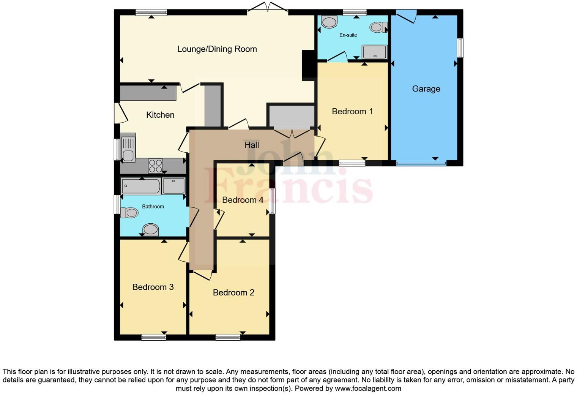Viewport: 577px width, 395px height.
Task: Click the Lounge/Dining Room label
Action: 217,49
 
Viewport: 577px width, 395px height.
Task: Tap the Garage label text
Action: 426,89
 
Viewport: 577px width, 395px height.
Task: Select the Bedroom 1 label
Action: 352,111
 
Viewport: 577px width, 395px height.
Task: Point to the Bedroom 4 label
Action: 243,200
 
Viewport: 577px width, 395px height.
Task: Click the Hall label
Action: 252,145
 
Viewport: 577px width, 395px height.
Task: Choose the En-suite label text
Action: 348,35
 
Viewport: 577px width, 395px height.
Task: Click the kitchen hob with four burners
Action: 156,166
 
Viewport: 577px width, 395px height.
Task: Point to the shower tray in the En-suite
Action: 374,52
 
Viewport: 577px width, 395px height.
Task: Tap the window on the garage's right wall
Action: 460,48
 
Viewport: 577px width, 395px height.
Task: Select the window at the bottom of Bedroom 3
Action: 154,337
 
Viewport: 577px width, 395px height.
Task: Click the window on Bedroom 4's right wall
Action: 272,201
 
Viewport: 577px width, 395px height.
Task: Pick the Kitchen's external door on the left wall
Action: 120,113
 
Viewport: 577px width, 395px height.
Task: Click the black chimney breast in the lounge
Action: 308,66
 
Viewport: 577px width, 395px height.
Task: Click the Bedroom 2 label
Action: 233,292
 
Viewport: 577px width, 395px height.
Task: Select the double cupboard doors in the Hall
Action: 292,133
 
